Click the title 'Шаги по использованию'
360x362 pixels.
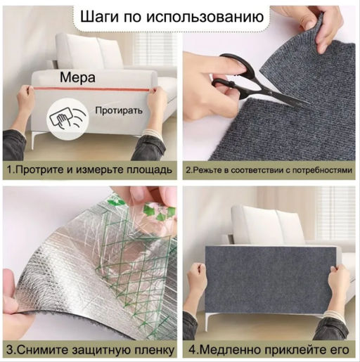tap(172, 16)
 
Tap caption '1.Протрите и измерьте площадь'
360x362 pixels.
tap(89, 170)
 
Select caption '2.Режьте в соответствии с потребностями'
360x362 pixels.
tap(269, 170)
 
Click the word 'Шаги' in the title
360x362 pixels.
tap(98, 16)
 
